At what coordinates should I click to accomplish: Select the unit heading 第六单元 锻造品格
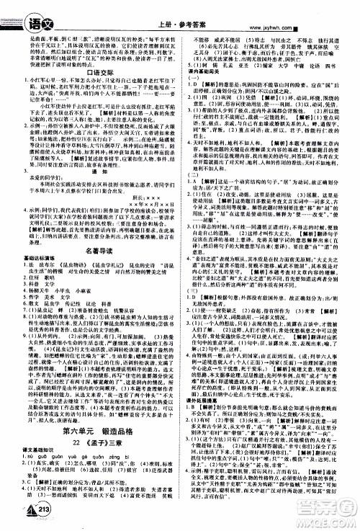pyautogui.click(x=101, y=452)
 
